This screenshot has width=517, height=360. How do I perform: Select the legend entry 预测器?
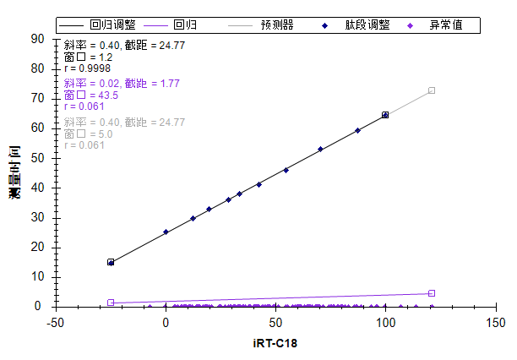coord(276,25)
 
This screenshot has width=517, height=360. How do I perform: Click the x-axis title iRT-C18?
coord(275,344)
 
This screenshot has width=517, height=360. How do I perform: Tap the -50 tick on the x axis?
coord(56,322)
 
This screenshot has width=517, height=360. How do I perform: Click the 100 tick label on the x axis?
coord(386,322)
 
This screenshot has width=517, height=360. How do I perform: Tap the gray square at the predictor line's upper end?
coord(432,90)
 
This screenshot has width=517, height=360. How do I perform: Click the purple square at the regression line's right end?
coord(432,293)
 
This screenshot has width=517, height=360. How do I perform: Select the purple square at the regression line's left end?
coord(111,303)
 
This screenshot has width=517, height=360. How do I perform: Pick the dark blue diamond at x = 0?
coord(166,232)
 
